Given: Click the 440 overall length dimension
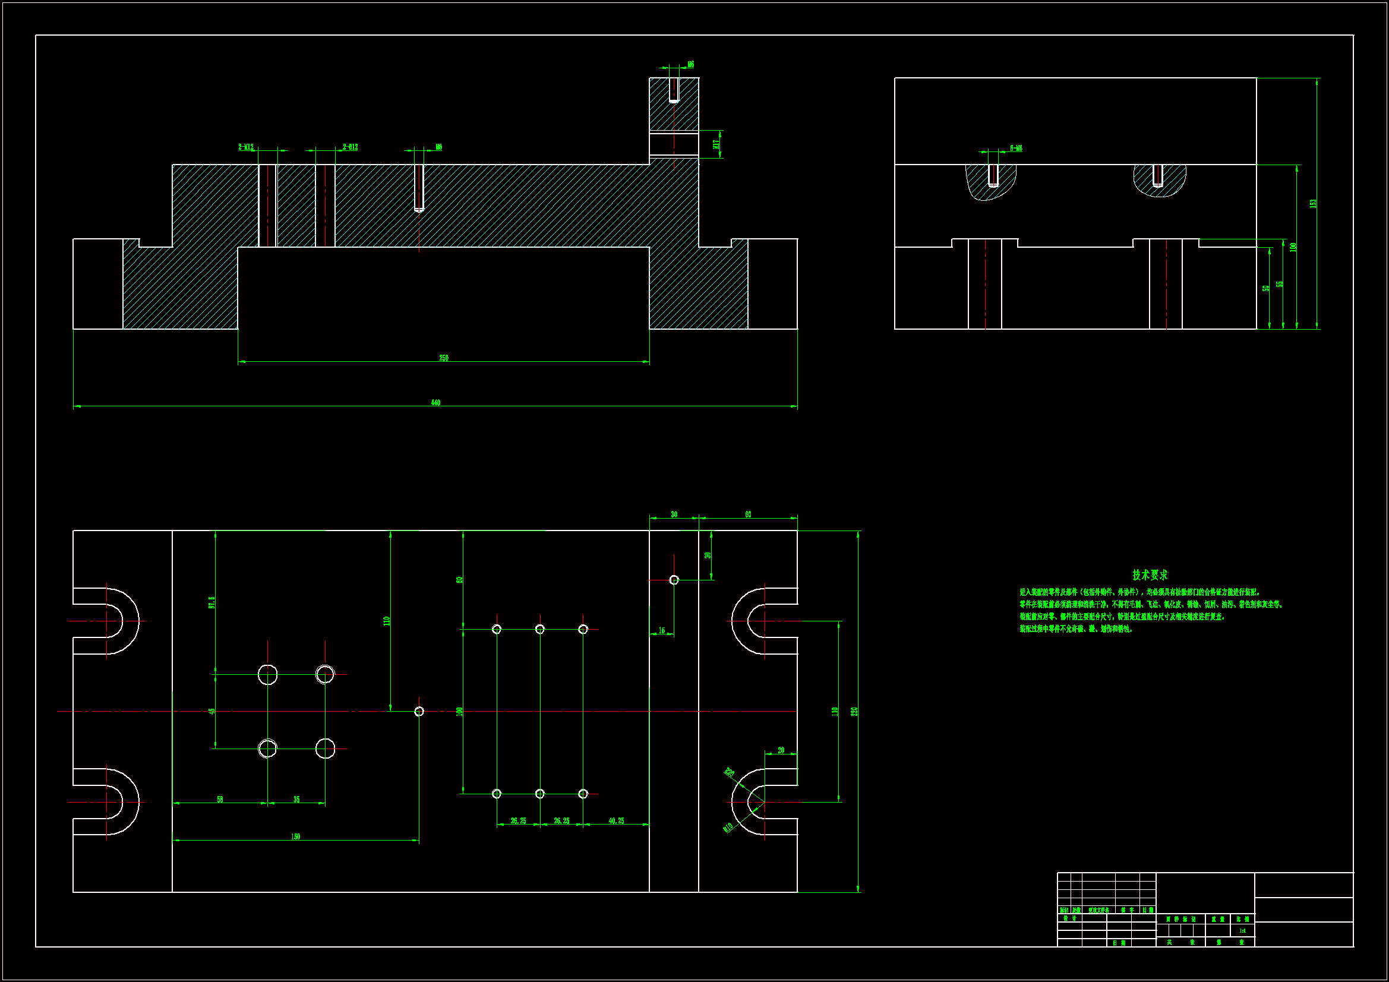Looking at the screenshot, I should click(x=435, y=402).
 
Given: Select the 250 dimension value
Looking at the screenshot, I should click(x=443, y=358).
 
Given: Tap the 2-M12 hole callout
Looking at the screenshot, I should click(x=246, y=147).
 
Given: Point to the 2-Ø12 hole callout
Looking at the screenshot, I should click(x=351, y=147).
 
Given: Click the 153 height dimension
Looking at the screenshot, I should click(x=1313, y=203).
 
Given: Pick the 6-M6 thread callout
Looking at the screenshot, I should click(x=1016, y=149).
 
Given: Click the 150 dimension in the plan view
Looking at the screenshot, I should click(x=295, y=837).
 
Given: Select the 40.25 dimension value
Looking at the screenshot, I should click(x=616, y=821).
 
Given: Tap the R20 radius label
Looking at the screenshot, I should click(x=729, y=773).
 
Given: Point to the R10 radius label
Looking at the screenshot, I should click(x=728, y=827).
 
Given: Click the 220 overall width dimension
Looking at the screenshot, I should click(x=854, y=712).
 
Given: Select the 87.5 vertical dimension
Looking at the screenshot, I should click(x=211, y=602).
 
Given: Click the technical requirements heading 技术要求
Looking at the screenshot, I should click(x=1150, y=575).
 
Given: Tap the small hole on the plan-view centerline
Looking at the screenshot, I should click(x=419, y=712).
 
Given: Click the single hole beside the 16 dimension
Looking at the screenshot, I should click(x=674, y=580).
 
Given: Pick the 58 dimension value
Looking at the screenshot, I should click(x=220, y=799).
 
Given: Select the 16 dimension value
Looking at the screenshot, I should click(x=661, y=630).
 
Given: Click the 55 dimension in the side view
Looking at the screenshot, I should click(x=1280, y=284).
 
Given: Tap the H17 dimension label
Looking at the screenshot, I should click(x=716, y=144).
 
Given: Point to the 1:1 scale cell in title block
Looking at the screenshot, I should click(x=1242, y=930).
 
